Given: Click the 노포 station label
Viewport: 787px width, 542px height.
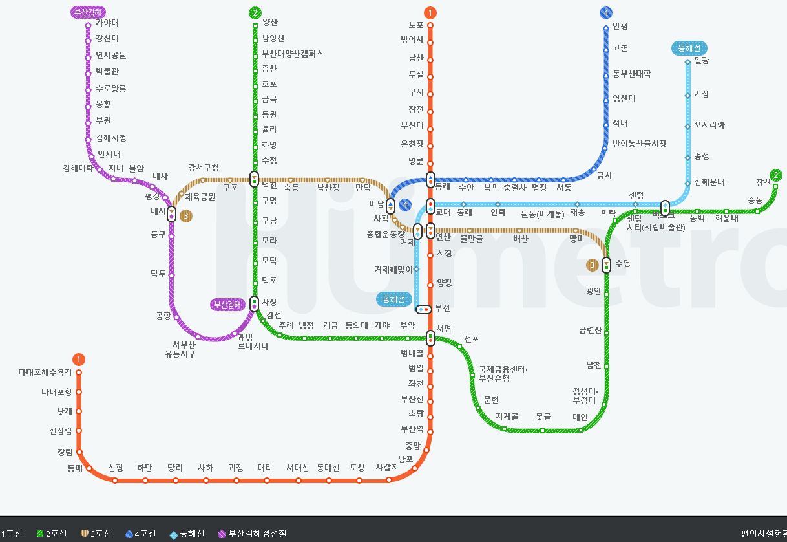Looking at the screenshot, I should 415,25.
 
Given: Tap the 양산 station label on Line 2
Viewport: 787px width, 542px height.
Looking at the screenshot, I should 270,23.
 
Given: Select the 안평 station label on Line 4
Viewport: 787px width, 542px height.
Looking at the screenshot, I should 620,27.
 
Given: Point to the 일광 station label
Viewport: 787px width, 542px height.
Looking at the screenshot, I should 701,60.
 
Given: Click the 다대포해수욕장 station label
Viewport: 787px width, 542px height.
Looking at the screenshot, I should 45,373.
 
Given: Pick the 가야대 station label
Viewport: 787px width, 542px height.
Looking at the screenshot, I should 107,23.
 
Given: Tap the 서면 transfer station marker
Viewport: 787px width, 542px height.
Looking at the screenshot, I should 430,337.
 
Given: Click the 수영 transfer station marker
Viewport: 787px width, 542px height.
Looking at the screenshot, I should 606,265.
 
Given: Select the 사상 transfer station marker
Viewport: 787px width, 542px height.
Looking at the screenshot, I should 255,303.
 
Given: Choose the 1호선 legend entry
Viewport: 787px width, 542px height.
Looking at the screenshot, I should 11,534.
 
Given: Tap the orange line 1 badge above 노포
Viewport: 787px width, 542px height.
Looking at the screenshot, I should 430,12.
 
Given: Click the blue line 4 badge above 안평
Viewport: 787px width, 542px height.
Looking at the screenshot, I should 605,12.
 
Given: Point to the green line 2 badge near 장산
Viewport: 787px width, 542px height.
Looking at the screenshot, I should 776,175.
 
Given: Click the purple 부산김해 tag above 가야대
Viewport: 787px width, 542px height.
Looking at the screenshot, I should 89,12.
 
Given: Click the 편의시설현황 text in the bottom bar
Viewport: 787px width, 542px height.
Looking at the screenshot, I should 763,534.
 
